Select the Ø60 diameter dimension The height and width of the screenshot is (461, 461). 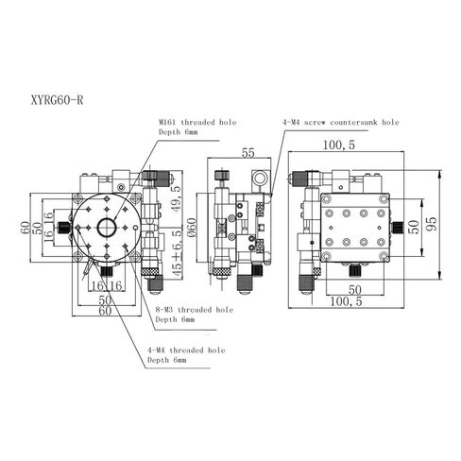click(x=192, y=227)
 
